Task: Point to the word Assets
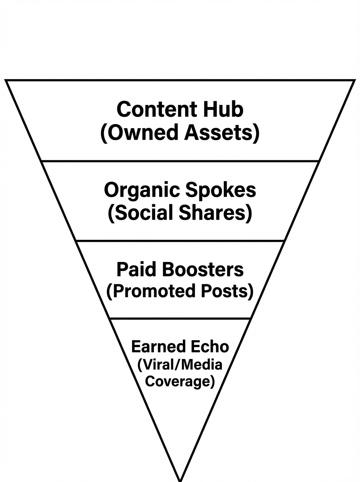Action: click(x=220, y=133)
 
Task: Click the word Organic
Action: click(x=138, y=190)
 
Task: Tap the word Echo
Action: click(x=209, y=346)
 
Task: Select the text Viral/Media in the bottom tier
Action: click(x=180, y=365)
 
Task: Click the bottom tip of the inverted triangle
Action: click(x=180, y=479)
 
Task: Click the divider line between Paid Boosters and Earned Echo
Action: click(x=180, y=319)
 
